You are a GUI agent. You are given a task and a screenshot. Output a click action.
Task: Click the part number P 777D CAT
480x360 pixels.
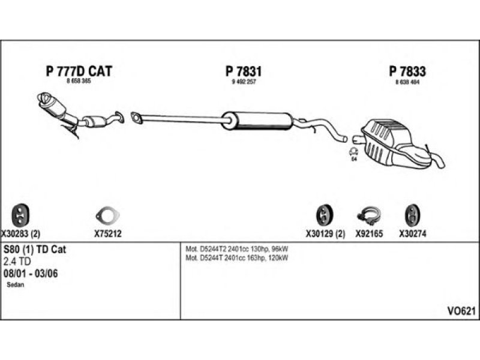pyautogui.click(x=79, y=71)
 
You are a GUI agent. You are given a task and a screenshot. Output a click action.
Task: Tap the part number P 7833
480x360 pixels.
pyautogui.click(x=407, y=71)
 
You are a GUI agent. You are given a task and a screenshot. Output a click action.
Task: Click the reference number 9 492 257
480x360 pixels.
pyautogui.click(x=243, y=81)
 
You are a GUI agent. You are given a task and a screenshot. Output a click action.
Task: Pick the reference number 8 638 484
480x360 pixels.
pyautogui.click(x=407, y=81)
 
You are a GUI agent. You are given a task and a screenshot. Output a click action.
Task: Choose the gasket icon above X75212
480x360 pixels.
pyautogui.click(x=107, y=215)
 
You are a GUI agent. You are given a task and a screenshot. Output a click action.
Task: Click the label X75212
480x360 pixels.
pyautogui.click(x=108, y=234)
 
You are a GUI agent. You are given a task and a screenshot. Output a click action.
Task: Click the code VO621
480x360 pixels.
pyautogui.click(x=461, y=311)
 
